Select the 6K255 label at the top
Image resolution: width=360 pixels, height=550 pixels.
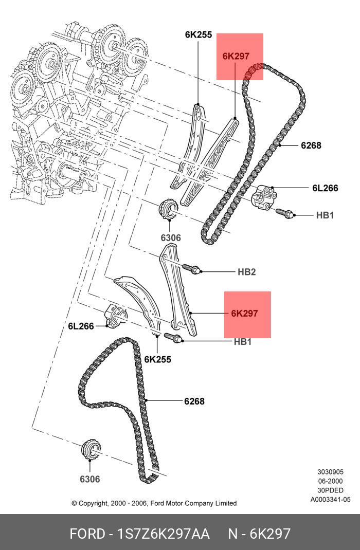[198, 35]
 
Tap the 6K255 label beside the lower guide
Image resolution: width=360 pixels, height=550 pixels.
[157, 359]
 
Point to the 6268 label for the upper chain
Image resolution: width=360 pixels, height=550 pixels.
[311, 145]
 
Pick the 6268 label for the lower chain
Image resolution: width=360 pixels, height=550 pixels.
[194, 401]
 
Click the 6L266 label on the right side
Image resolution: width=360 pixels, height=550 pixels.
[325, 188]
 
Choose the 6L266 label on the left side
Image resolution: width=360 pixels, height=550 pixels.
[81, 326]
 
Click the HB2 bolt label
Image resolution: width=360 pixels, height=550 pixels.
[246, 272]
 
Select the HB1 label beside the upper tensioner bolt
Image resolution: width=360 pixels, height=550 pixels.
[325, 215]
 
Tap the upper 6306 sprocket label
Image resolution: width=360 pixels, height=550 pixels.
[170, 238]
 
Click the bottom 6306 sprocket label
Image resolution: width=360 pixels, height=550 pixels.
[89, 479]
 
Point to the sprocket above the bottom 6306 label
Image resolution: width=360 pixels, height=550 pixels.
[90, 450]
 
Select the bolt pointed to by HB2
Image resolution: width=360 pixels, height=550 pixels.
[192, 268]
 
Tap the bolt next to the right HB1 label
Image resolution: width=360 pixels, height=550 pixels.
[284, 212]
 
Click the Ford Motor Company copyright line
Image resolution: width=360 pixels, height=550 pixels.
[154, 503]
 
